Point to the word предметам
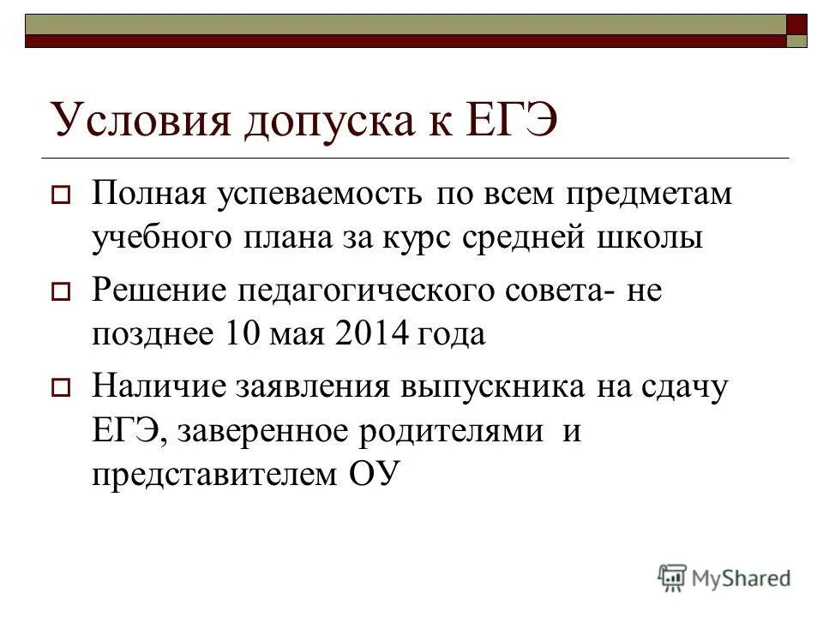click(648, 195)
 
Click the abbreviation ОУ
click(375, 474)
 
